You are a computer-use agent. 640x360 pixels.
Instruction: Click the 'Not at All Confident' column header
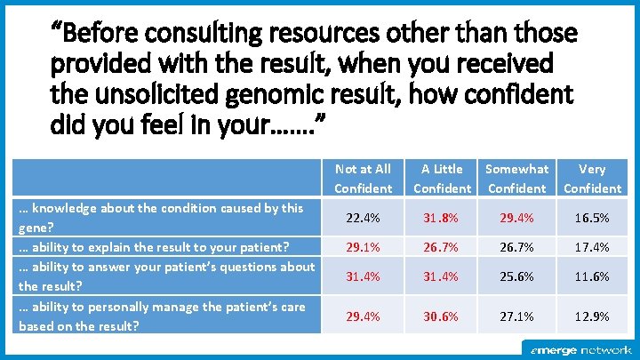pyautogui.click(x=363, y=178)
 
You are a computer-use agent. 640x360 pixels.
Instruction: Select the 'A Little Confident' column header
pyautogui.click(x=442, y=178)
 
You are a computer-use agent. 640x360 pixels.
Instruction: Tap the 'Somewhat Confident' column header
pyautogui.click(x=517, y=178)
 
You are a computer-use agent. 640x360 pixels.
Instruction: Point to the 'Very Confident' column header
pyautogui.click(x=592, y=178)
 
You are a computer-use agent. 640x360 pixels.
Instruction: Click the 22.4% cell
pyautogui.click(x=363, y=218)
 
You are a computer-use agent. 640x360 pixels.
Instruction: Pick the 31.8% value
pyautogui.click(x=442, y=218)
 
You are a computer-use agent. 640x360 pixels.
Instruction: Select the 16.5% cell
pyautogui.click(x=592, y=218)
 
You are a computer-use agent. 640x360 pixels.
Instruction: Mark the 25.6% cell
pyautogui.click(x=517, y=276)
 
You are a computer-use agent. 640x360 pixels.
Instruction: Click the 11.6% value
pyautogui.click(x=592, y=276)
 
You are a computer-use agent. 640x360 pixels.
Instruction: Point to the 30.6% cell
pyautogui.click(x=442, y=316)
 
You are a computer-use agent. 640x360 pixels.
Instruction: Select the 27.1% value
pyautogui.click(x=517, y=316)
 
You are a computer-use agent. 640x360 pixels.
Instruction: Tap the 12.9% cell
pyautogui.click(x=592, y=316)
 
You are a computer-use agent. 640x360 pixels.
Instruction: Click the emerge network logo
pyautogui.click(x=581, y=350)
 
